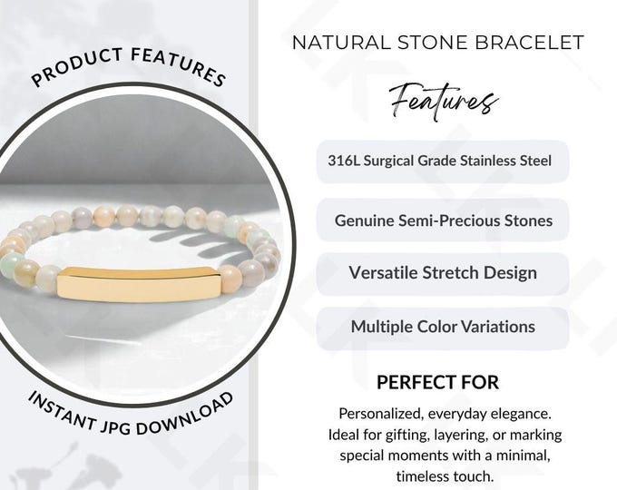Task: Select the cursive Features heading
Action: (x=443, y=98)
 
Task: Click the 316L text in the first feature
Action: (x=343, y=161)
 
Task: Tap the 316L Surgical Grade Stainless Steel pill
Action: (x=442, y=162)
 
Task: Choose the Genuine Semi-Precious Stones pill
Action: (x=443, y=220)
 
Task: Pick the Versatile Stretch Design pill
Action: (x=443, y=272)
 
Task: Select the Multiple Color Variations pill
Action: (x=443, y=327)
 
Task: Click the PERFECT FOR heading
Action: (x=437, y=383)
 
